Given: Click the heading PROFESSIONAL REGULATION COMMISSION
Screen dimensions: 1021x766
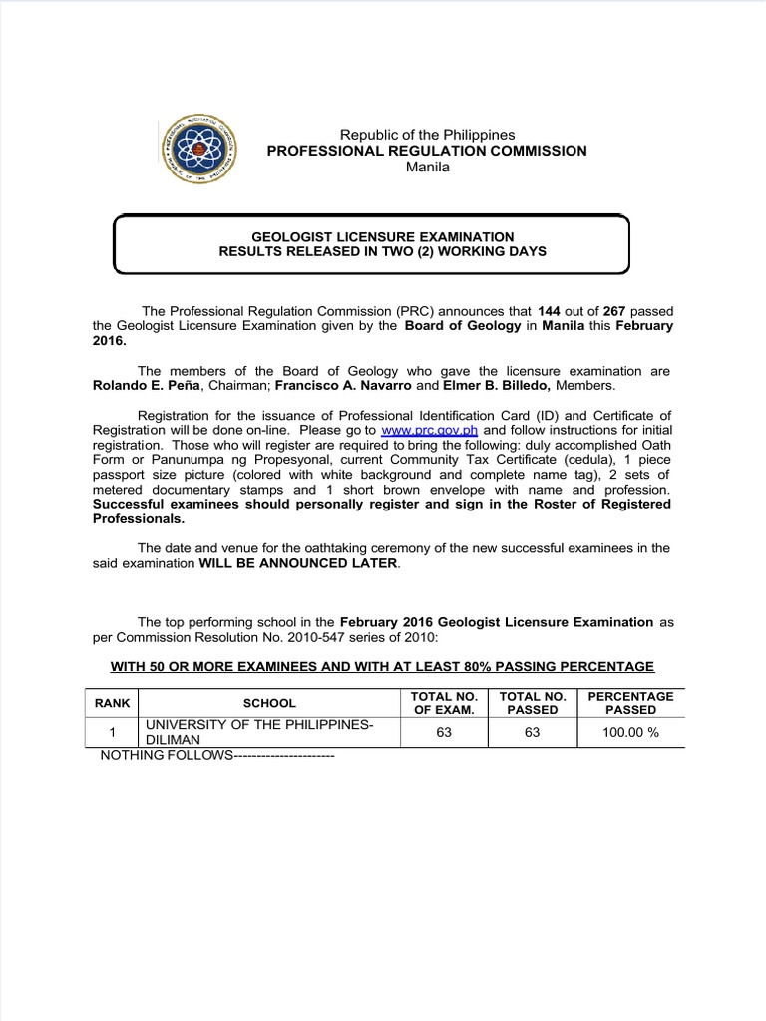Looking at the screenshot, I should point(426,151).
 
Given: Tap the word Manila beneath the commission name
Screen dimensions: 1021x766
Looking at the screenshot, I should point(427,167).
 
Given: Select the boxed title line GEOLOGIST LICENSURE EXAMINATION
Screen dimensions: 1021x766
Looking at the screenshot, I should point(382,236).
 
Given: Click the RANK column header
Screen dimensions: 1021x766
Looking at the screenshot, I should point(113,703).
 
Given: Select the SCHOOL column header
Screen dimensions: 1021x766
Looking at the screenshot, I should point(269,703).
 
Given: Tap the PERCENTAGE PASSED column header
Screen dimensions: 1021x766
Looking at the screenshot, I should point(630,703).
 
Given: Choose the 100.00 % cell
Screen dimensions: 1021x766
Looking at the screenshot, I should point(630,733).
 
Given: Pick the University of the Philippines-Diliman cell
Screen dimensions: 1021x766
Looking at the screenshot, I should point(258,733).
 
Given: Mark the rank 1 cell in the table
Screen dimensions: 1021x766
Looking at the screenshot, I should point(113,733).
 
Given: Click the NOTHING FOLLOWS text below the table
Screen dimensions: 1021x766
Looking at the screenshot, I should point(215,756).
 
